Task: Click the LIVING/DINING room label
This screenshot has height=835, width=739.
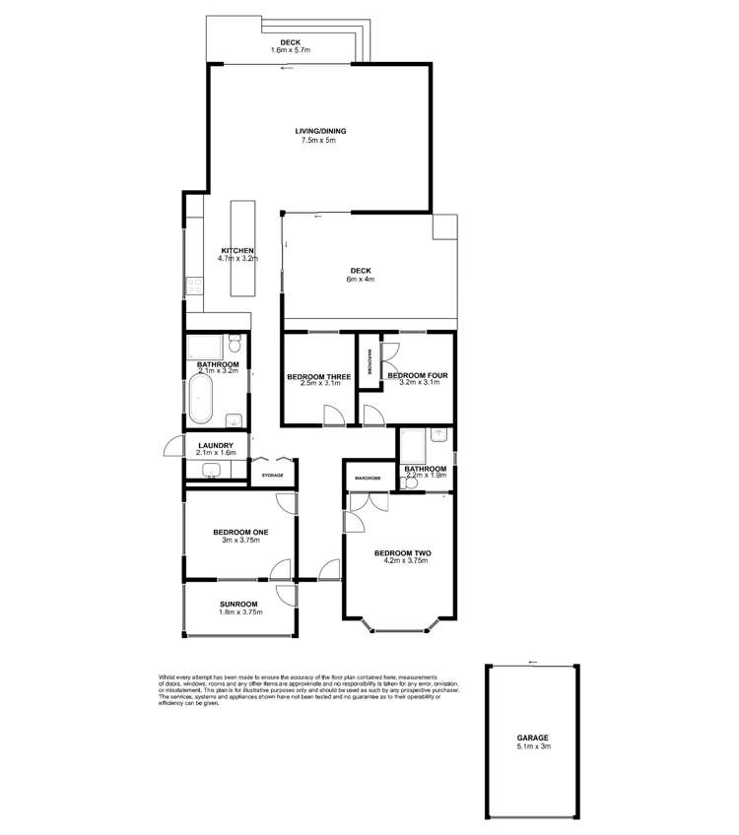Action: pos(319,131)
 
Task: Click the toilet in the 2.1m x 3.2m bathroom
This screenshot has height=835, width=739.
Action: pos(234,346)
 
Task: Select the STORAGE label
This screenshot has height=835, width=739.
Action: pos(272,476)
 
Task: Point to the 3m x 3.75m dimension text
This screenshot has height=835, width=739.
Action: pos(240,541)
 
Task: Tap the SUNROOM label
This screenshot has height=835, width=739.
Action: pos(238,604)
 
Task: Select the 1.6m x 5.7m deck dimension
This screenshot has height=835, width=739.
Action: pos(291,50)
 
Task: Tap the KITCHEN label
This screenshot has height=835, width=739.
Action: pos(237,251)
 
